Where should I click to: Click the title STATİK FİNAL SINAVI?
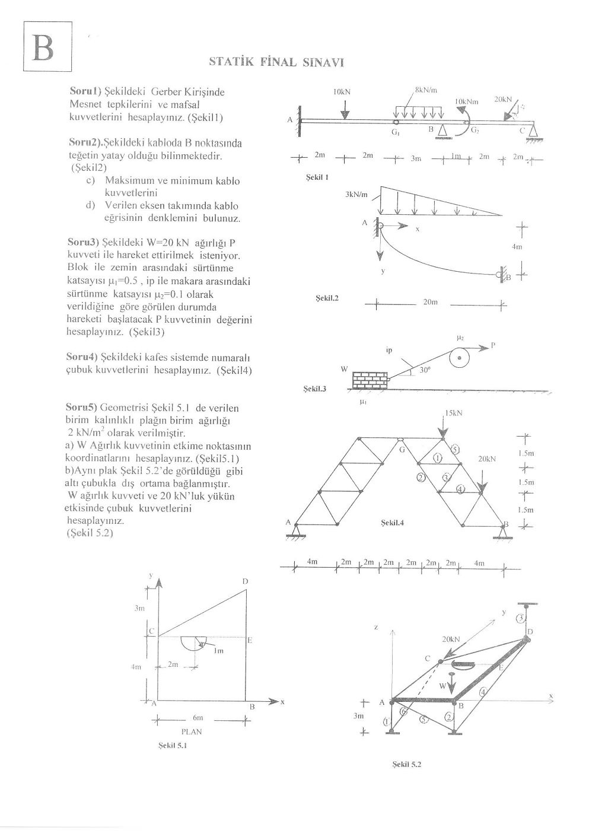(x=277, y=62)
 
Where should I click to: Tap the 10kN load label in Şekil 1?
(x=341, y=92)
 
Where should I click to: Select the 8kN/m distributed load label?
(x=425, y=90)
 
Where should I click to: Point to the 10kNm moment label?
(x=467, y=102)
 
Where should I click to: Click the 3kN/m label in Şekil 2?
(x=356, y=194)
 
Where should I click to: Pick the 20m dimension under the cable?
(x=430, y=302)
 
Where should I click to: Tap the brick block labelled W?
(x=369, y=380)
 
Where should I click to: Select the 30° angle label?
(x=424, y=369)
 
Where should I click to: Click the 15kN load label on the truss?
(x=453, y=413)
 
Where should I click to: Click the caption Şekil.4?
(x=392, y=522)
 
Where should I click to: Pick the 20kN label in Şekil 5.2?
(x=451, y=639)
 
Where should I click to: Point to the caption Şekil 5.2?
(x=406, y=765)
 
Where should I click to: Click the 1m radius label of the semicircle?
(x=219, y=651)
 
